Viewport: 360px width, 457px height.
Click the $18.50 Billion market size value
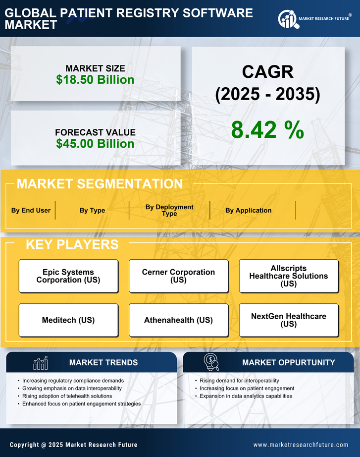[x=95, y=80]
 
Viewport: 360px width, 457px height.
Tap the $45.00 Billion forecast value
[x=95, y=144]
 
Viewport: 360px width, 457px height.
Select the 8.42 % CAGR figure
[x=267, y=130]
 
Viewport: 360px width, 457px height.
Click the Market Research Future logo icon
[x=288, y=19]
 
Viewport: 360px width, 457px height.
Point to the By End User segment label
[x=31, y=210]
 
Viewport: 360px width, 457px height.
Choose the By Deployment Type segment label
[x=169, y=210]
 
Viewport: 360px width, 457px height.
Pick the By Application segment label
[x=248, y=210]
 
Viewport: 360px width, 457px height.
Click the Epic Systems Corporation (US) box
[x=68, y=276]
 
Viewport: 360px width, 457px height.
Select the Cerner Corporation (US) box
[x=178, y=276]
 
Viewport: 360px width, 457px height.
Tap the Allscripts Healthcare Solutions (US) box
[x=289, y=276]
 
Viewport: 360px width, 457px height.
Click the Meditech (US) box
[x=68, y=320]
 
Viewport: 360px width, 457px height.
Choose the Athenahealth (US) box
[x=178, y=320]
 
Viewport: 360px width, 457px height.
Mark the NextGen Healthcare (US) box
[x=289, y=320]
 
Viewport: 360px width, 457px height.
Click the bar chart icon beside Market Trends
[x=40, y=363]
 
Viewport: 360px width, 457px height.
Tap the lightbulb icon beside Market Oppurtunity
[x=211, y=363]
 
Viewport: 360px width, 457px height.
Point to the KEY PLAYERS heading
[x=72, y=244]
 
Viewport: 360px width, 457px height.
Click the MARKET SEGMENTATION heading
[x=100, y=184]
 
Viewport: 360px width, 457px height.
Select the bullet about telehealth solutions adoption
[x=67, y=396]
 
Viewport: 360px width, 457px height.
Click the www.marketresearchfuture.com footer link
[x=301, y=445]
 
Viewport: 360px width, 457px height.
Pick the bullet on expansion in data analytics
[x=246, y=396]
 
